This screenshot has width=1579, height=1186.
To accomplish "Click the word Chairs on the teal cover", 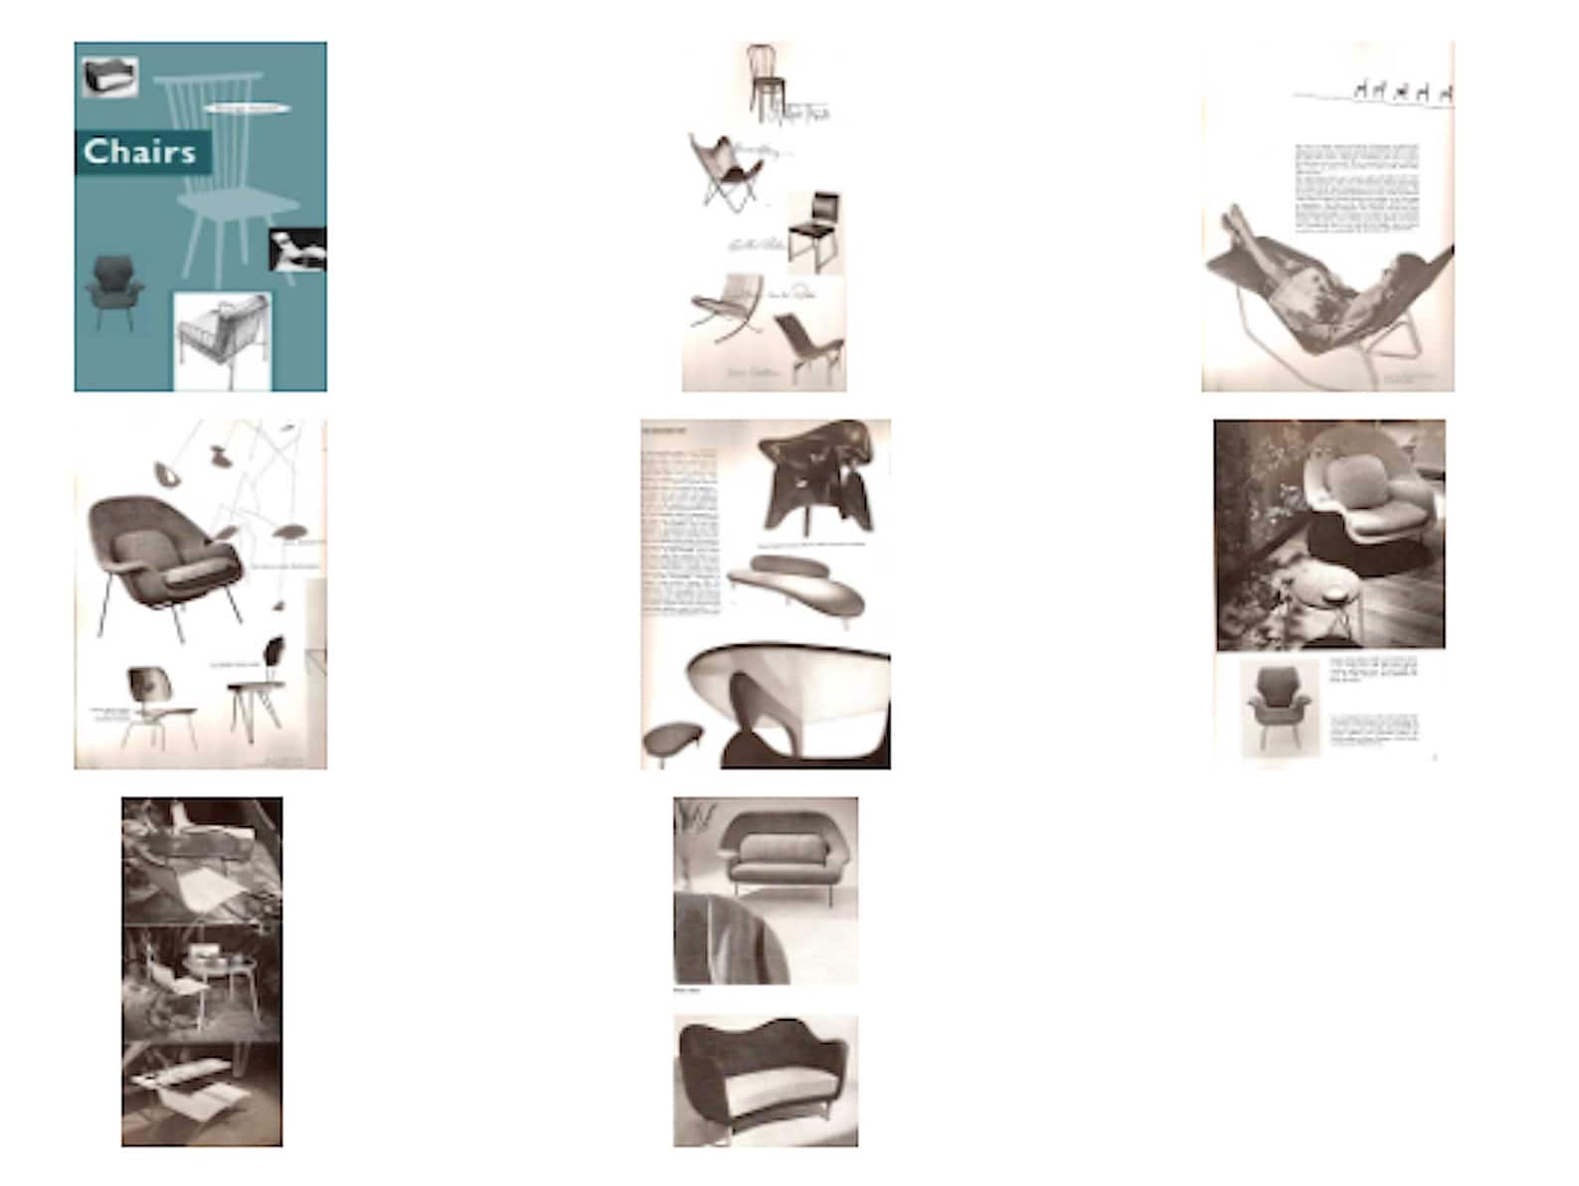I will pyautogui.click(x=140, y=152).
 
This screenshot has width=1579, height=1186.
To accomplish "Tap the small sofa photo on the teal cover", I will pyautogui.click(x=109, y=77).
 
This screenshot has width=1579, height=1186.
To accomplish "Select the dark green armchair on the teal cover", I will pyautogui.click(x=113, y=288).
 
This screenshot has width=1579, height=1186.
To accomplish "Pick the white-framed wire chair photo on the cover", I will pyautogui.click(x=222, y=341).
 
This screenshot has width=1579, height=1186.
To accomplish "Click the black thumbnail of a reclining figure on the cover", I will pyautogui.click(x=296, y=249).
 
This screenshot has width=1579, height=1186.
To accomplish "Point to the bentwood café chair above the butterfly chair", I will pyautogui.click(x=764, y=77).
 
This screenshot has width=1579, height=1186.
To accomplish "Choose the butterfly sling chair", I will pyautogui.click(x=725, y=171).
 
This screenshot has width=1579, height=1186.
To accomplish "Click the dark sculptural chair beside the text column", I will pyautogui.click(x=818, y=478).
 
